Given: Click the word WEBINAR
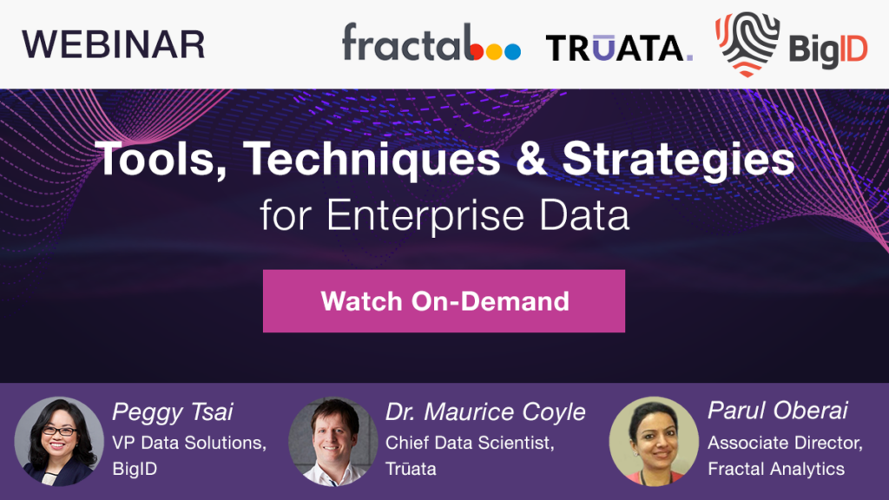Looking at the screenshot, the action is click(114, 45).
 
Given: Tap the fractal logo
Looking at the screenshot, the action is click(431, 43).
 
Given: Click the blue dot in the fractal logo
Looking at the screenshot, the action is click(512, 51).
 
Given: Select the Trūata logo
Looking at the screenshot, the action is click(619, 48).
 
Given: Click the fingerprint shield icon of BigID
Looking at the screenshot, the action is click(747, 43).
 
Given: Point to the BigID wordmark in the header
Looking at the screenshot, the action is click(828, 50).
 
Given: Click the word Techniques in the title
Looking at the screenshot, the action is click(372, 160).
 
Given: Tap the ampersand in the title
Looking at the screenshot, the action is click(531, 159).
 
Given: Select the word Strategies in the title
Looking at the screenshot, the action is click(679, 160).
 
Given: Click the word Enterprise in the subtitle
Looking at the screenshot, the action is click(425, 216).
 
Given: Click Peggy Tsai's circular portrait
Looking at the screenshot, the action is click(59, 441).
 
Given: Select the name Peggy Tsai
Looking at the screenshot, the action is click(173, 412).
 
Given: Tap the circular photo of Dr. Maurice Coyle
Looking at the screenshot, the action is click(333, 441).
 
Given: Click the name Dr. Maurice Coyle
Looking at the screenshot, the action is click(485, 412).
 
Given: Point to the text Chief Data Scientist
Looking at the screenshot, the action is click(470, 442).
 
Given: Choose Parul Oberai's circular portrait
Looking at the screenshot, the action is click(654, 441).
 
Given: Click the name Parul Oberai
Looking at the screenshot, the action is click(778, 411).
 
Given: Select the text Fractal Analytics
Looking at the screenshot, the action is click(776, 469).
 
